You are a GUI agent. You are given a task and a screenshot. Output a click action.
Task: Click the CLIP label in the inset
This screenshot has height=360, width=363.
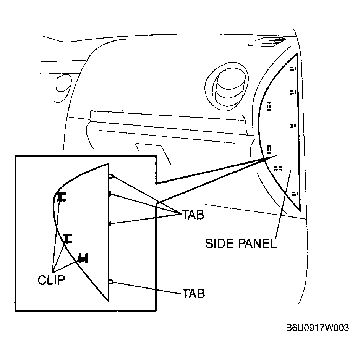click(x=52, y=280)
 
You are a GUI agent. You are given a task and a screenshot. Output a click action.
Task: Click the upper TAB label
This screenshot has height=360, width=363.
click(x=193, y=215)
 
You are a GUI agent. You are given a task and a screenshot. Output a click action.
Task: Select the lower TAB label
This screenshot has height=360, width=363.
click(x=194, y=294)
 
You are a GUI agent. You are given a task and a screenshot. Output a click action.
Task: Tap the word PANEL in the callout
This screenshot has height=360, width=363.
click(x=257, y=244)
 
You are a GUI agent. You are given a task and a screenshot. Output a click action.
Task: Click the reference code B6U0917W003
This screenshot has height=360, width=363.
click(x=318, y=328)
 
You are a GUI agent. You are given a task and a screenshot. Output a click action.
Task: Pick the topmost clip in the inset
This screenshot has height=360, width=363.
click(x=62, y=197)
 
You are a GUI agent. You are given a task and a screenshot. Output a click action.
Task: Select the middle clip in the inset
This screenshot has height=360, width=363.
click(x=68, y=239)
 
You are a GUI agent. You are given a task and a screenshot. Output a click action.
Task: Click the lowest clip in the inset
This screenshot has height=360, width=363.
click(x=83, y=258)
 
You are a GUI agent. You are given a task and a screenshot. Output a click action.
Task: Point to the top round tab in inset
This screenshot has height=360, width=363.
click(x=111, y=176)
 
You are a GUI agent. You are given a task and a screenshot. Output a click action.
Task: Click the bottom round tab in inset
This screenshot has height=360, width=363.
click(x=111, y=282)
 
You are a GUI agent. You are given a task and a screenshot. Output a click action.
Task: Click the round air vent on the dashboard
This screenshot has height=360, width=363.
click(x=227, y=87)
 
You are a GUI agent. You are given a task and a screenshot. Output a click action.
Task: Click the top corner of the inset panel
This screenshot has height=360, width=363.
click(x=109, y=163)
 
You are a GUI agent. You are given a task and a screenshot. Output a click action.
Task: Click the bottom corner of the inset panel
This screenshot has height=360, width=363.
click(x=109, y=302)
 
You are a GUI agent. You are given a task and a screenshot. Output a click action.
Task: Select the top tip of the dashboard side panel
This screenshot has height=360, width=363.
click(x=297, y=53)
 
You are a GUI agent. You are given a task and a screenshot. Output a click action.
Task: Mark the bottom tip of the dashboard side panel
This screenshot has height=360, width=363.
click(x=300, y=211)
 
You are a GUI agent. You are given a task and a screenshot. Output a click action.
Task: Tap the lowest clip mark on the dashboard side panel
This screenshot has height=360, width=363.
click(x=295, y=194)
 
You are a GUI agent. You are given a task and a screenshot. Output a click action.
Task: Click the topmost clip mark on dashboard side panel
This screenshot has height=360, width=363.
click(x=294, y=69)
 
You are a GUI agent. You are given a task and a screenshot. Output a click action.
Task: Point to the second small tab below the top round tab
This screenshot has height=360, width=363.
click(x=110, y=224)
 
